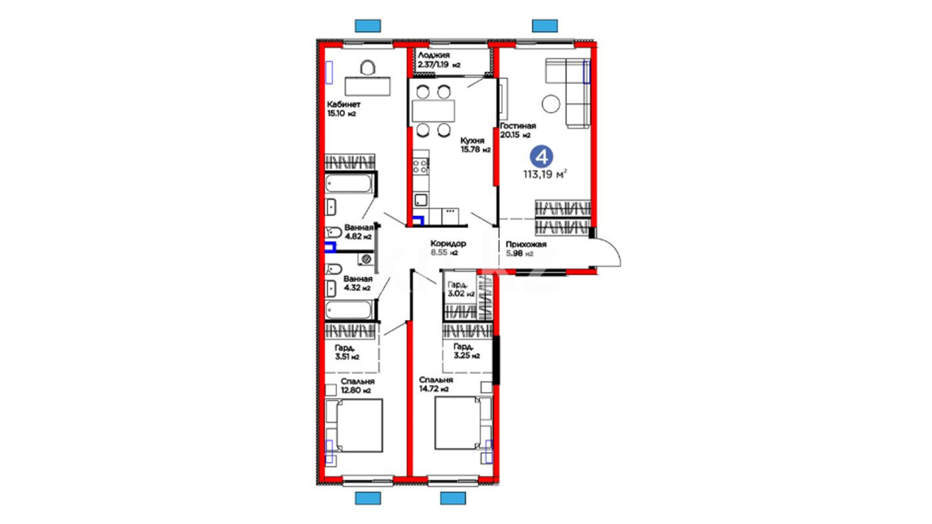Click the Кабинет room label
click(344, 104)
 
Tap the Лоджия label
click(433, 55)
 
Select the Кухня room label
click(472, 141)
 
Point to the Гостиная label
click(518, 126)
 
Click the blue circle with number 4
click(542, 157)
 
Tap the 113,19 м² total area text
click(545, 174)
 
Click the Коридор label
click(448, 244)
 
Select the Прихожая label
click(526, 245)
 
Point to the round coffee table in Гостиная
click(551, 103)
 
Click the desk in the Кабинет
click(367, 86)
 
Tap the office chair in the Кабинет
click(367, 68)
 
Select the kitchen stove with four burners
click(420, 166)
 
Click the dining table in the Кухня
click(433, 111)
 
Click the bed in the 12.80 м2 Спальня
click(354, 426)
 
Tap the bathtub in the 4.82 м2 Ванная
click(349, 184)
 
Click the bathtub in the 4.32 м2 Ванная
click(349, 310)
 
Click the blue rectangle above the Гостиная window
click(545, 26)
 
